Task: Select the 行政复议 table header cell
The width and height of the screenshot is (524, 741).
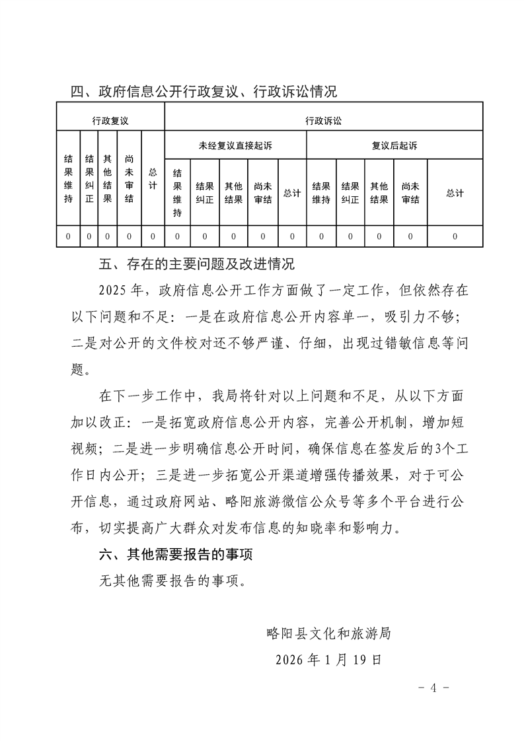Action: (x=110, y=121)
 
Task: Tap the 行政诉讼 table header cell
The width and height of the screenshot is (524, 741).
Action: (x=323, y=121)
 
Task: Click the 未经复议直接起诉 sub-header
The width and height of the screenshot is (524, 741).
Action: (x=235, y=145)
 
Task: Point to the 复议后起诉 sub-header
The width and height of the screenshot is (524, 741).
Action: (x=394, y=145)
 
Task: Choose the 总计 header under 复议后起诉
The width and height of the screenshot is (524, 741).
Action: (x=455, y=193)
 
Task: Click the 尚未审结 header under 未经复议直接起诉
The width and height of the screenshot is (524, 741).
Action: (x=263, y=193)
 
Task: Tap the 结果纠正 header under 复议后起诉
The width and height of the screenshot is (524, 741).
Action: (x=350, y=193)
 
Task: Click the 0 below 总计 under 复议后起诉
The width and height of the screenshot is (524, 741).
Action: (x=455, y=236)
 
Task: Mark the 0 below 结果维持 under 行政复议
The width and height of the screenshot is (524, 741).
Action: (x=68, y=236)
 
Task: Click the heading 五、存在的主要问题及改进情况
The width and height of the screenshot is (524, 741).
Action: (x=196, y=265)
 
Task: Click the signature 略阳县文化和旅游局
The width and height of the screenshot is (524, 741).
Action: (x=328, y=633)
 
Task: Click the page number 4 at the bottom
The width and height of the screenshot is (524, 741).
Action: (x=434, y=687)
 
